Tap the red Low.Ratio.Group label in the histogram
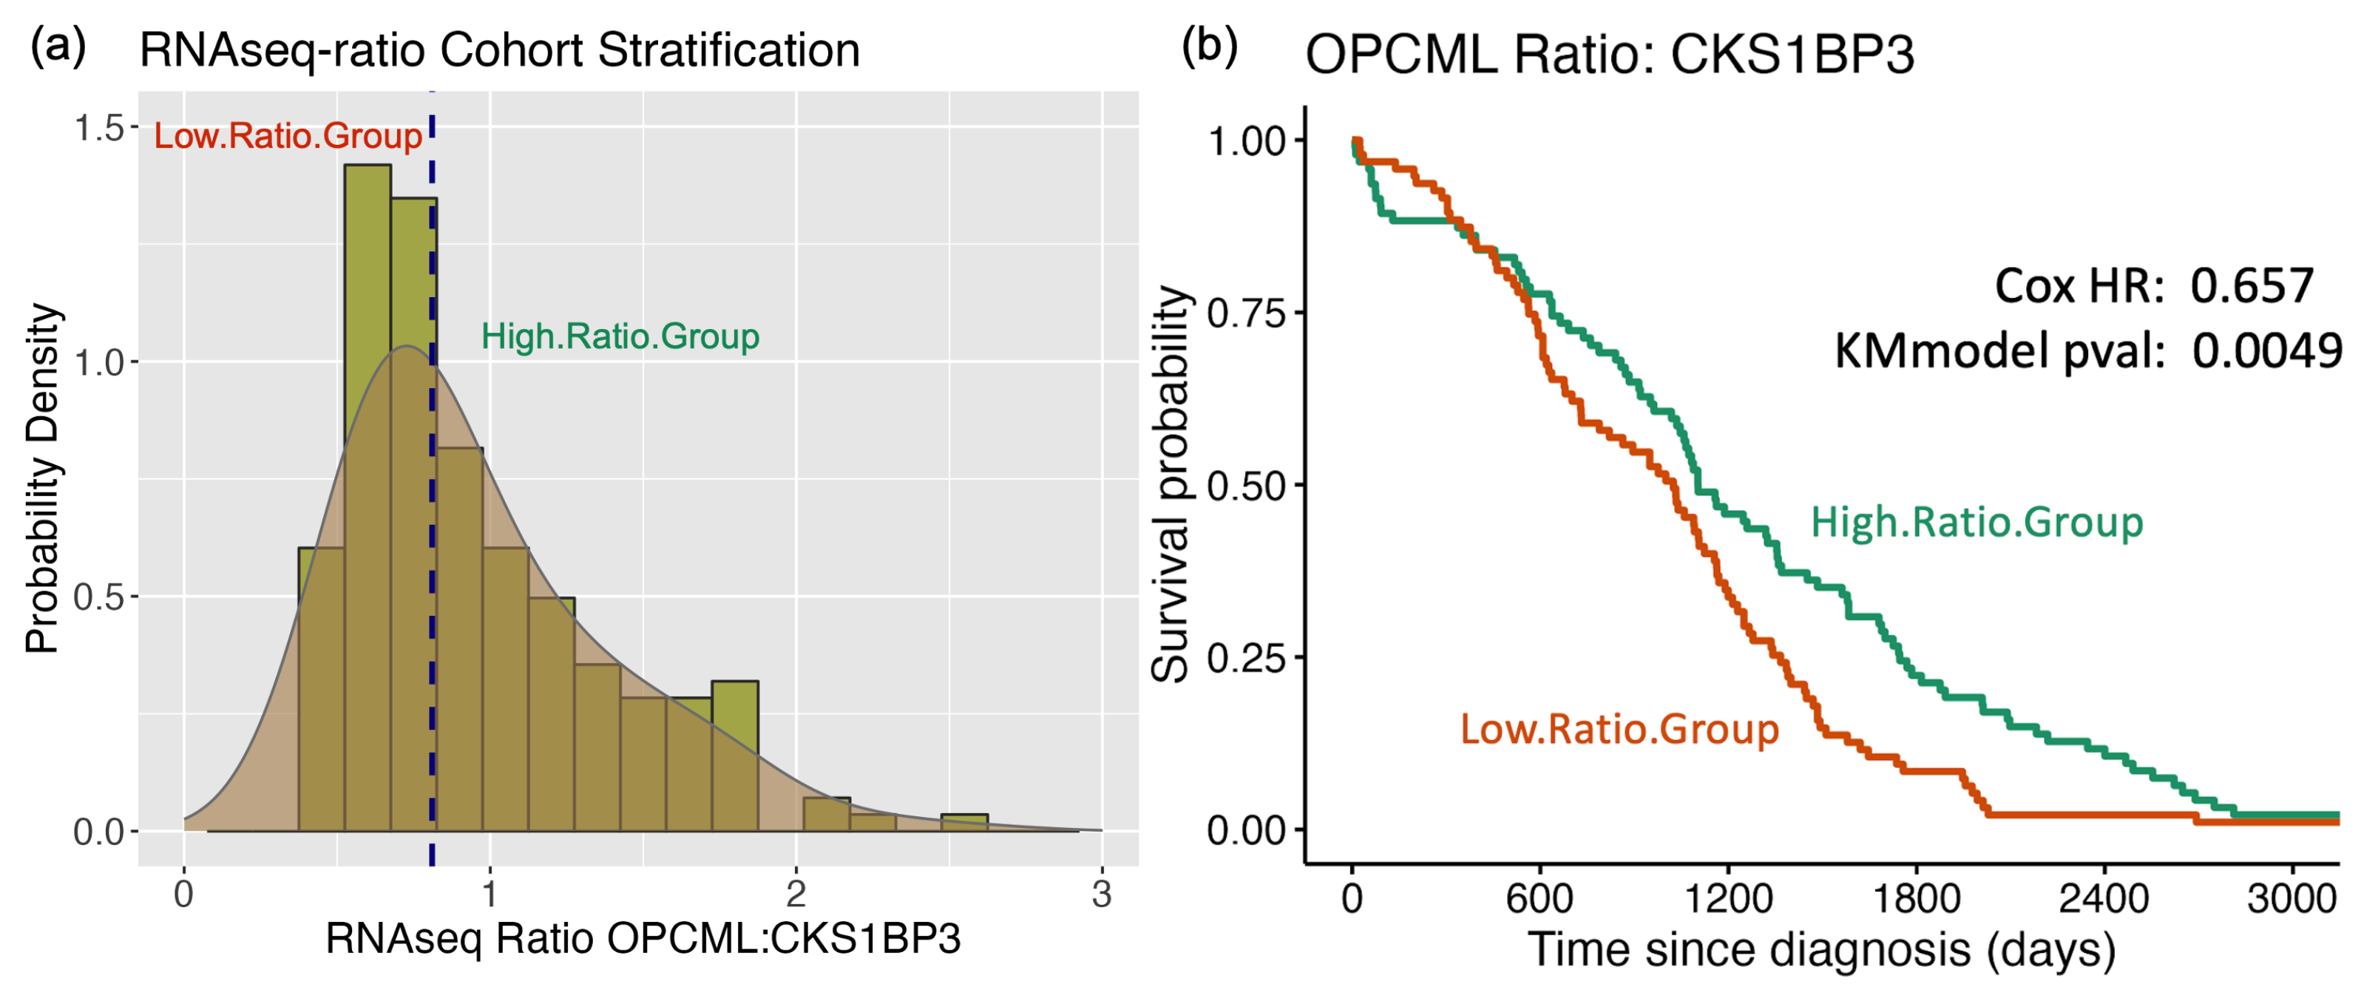[287, 136]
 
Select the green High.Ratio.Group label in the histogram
[620, 336]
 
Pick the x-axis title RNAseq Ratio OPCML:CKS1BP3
[643, 938]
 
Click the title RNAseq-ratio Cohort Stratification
[499, 50]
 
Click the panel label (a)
[58, 46]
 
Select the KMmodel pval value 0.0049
[2266, 350]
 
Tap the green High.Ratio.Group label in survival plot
[1977, 522]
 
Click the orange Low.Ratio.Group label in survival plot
[1619, 729]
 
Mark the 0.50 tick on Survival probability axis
[1245, 485]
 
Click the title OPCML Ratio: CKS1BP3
[1609, 55]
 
